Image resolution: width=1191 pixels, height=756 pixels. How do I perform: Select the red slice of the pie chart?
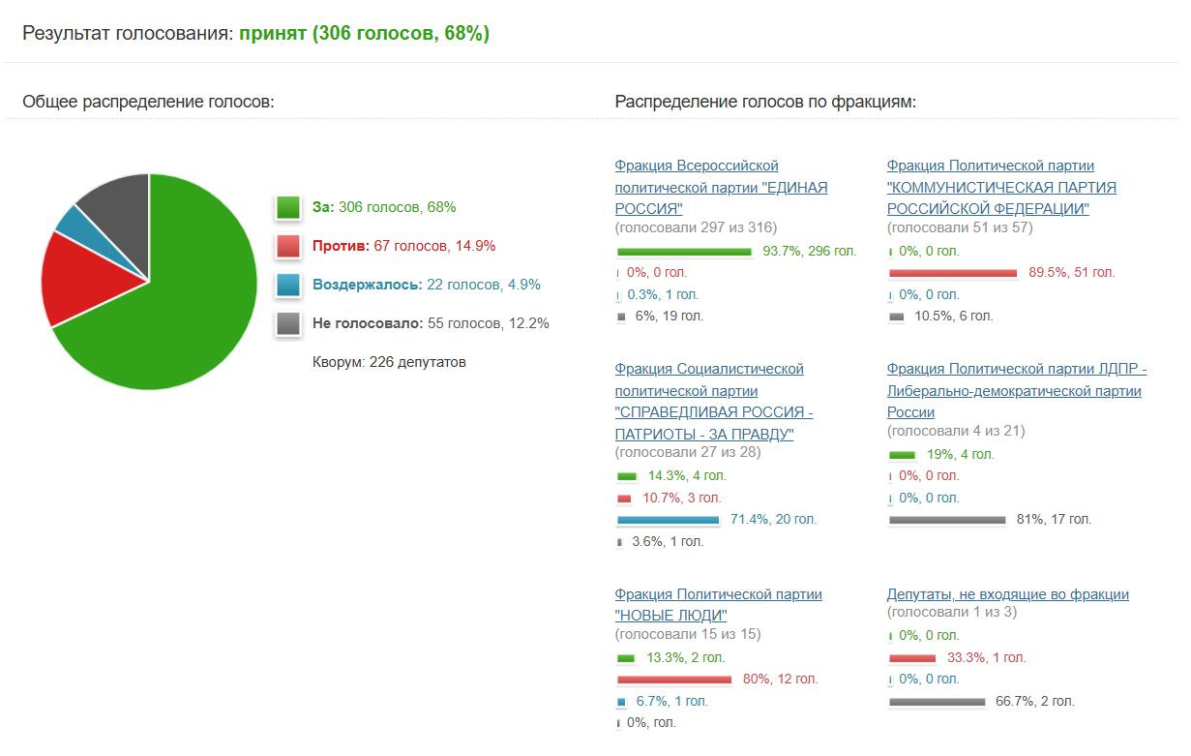[82, 276]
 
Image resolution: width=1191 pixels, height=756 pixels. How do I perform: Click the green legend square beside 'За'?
[287, 207]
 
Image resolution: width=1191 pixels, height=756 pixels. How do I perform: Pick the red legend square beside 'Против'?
[287, 246]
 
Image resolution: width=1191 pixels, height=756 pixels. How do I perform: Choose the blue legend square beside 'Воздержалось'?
[287, 285]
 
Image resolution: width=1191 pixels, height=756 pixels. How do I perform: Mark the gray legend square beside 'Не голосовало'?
[287, 323]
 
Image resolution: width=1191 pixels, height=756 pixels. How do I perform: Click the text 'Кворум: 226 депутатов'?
[389, 362]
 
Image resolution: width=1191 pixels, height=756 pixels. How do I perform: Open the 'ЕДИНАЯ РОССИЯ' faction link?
[721, 187]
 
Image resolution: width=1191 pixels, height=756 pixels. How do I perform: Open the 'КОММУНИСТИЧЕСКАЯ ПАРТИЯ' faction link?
[1001, 187]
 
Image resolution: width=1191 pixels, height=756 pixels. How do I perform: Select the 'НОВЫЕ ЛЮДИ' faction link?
[718, 604]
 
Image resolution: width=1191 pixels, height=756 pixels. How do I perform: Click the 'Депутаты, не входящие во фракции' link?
[1007, 594]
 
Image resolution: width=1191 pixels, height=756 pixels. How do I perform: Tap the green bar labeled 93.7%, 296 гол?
[684, 252]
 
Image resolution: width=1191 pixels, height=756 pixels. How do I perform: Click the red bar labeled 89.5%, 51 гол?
[953, 273]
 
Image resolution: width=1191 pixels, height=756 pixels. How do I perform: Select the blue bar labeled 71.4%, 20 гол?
[668, 520]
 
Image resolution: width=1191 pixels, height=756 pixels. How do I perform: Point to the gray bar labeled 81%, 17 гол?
[947, 520]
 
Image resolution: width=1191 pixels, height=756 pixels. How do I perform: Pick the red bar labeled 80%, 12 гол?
[673, 680]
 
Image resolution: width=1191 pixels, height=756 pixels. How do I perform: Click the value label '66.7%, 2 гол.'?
[1034, 701]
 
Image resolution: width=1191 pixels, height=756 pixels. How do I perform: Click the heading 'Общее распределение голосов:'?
[148, 102]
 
